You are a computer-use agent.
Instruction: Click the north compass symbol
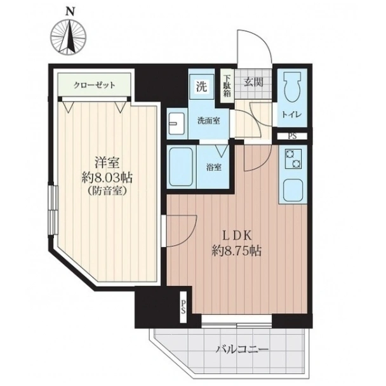69,37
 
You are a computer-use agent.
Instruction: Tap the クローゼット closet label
95,86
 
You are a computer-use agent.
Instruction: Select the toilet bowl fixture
292,88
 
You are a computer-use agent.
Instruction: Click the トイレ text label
292,114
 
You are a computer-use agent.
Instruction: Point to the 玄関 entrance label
253,83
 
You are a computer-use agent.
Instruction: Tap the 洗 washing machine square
202,86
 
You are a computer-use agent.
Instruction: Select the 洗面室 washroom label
209,121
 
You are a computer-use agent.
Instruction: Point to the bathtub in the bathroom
181,167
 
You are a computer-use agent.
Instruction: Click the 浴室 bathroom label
214,168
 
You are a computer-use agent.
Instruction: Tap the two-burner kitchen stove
293,159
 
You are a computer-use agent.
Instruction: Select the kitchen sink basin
293,190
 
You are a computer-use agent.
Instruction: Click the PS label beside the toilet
292,136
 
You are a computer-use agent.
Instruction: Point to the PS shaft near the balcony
183,307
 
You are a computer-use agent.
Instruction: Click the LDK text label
237,236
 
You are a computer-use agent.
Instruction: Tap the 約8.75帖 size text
237,251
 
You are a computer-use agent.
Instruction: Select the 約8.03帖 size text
107,178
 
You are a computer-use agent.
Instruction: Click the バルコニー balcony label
242,349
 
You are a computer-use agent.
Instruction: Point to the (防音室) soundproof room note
107,191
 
